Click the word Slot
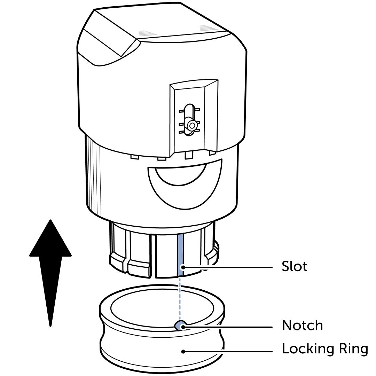point(294,267)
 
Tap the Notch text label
point(302,326)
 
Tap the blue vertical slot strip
point(180,254)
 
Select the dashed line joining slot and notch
point(180,296)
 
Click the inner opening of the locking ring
point(162,306)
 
